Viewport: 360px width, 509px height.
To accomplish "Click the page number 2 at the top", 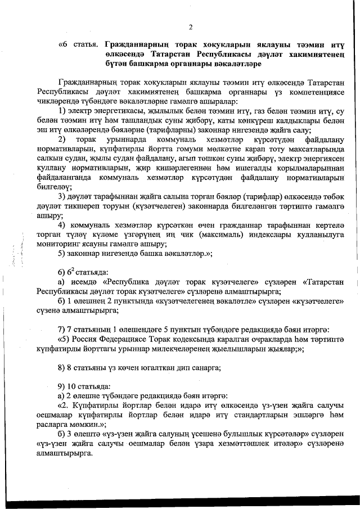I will pyautogui.click(x=191, y=27).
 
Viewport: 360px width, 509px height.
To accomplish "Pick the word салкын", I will pyautogui.click(x=51, y=159).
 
